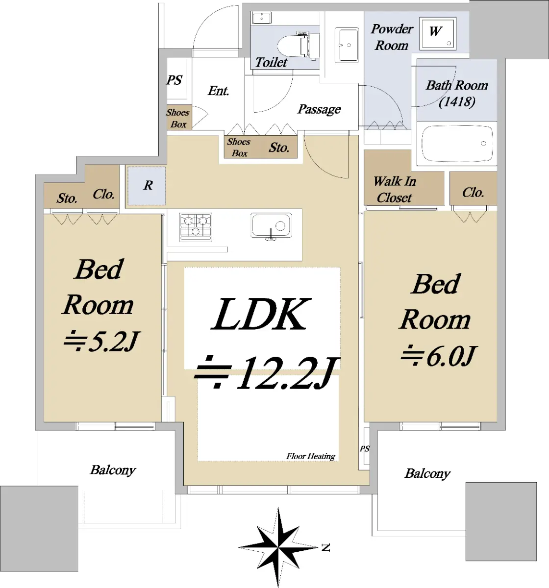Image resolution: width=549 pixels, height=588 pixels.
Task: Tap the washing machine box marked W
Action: (438, 33)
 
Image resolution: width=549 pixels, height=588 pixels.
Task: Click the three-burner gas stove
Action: (195, 227)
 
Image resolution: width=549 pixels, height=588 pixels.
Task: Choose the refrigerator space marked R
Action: (147, 186)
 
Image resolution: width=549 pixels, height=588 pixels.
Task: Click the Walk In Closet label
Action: (395, 190)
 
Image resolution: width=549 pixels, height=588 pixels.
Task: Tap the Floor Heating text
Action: (310, 456)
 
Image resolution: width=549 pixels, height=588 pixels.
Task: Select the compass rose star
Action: (278, 547)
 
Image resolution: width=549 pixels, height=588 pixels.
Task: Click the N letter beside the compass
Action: (325, 548)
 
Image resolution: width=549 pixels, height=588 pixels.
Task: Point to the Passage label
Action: (319, 109)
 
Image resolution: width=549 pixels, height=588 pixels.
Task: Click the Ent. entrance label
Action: (218, 91)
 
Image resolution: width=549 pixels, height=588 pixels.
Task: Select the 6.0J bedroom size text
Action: (438, 356)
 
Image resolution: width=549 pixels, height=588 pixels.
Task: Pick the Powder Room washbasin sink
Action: (347, 45)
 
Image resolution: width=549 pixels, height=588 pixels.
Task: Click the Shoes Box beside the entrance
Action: (178, 118)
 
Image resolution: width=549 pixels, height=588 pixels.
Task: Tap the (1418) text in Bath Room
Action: (457, 101)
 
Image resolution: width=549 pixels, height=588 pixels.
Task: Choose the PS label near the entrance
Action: (174, 80)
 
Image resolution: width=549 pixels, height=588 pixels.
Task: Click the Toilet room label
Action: (271, 62)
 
